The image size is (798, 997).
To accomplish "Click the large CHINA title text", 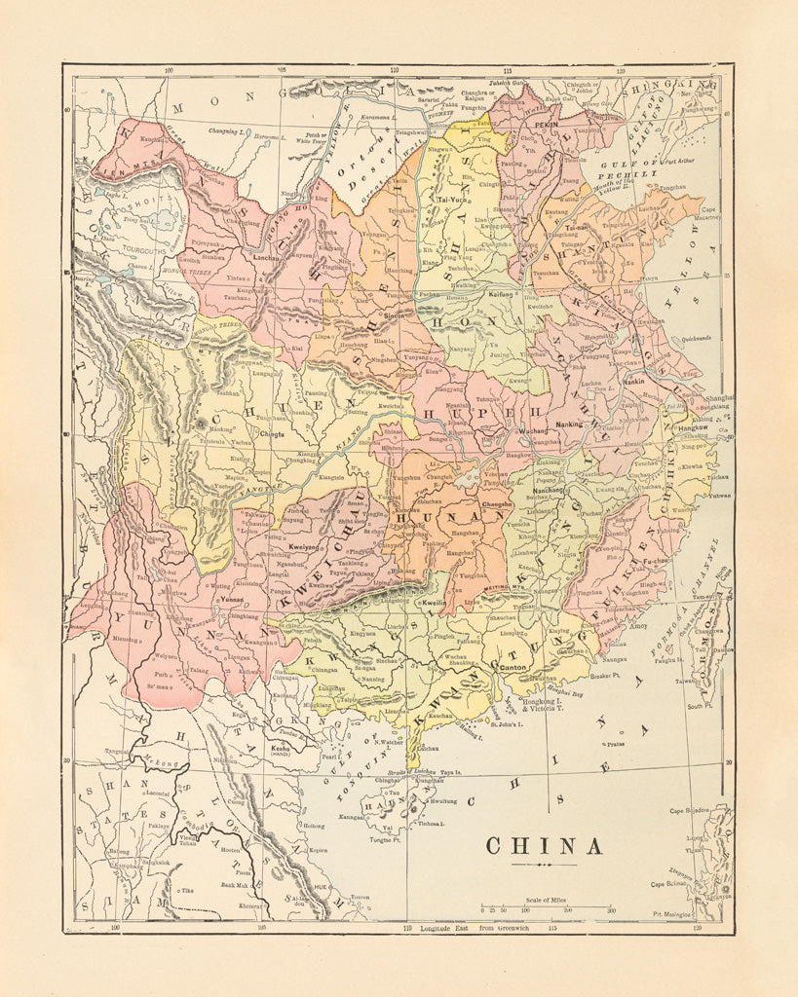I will pyautogui.click(x=544, y=846).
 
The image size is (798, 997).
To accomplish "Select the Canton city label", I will pyautogui.click(x=513, y=668).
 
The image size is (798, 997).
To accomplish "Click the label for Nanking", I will pyautogui.click(x=568, y=425).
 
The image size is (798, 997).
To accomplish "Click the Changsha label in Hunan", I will pyautogui.click(x=497, y=504).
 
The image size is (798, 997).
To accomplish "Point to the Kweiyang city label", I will pyautogui.click(x=304, y=549).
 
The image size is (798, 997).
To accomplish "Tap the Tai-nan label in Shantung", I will pyautogui.click(x=576, y=227).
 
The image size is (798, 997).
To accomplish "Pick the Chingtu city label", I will pyautogui.click(x=272, y=423).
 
